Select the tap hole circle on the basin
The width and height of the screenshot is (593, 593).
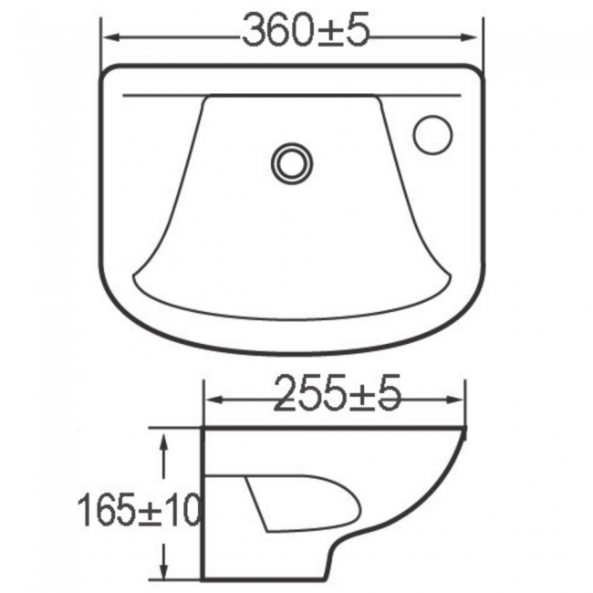432,134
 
